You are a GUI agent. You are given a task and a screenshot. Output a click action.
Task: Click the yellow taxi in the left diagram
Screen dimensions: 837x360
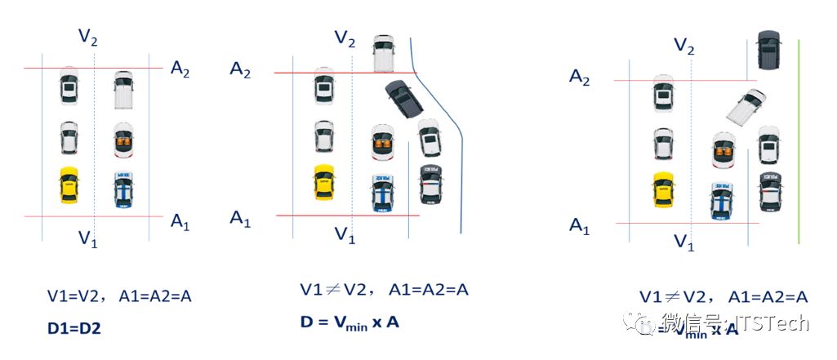tap(68, 185)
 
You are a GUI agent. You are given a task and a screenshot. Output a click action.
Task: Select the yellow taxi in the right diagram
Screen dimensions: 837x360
tap(662, 189)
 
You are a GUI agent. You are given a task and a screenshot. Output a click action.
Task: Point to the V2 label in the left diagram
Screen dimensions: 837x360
tap(88, 36)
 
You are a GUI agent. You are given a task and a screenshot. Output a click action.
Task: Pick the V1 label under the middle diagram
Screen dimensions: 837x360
tap(345, 235)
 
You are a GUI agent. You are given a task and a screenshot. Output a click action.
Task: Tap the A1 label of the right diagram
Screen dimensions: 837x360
tap(579, 226)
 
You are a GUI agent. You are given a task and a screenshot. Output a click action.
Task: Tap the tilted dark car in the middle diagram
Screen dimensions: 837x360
tap(403, 100)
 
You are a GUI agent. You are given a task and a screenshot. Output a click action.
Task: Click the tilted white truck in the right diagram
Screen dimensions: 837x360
tap(746, 109)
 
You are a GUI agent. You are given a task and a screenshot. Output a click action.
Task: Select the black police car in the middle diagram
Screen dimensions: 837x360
tap(431, 184)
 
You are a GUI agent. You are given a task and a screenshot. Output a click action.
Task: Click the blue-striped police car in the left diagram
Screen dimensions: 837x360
tap(122, 188)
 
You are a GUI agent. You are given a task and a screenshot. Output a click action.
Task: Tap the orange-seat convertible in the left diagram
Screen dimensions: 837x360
tap(122, 140)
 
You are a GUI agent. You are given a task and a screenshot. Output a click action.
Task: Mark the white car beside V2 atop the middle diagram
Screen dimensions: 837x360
tap(384, 52)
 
